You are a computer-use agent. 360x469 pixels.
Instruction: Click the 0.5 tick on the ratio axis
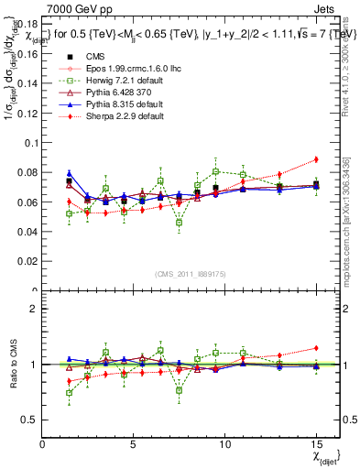[x=31, y=420]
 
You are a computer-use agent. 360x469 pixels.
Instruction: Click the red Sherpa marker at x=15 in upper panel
[x=315, y=159]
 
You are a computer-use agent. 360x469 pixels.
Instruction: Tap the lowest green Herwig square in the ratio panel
[x=70, y=393]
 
